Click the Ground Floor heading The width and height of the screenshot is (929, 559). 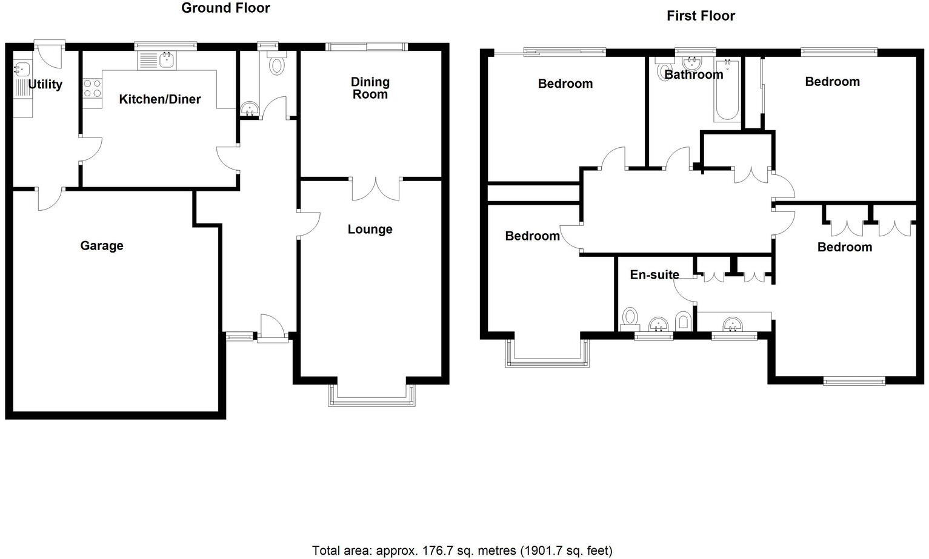coord(225,8)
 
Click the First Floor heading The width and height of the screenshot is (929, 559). coord(701,16)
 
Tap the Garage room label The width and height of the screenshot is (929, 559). coord(102,245)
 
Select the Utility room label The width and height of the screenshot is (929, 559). coord(45,84)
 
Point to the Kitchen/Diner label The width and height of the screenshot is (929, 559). coord(159,99)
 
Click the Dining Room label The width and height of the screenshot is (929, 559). coord(370,88)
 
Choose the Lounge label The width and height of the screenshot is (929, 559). coord(370,229)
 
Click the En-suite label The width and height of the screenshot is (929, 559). coord(654,274)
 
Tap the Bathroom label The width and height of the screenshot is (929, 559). coord(694,74)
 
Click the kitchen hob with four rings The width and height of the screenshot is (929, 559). coord(92,89)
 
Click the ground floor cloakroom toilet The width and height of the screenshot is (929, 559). coord(277,64)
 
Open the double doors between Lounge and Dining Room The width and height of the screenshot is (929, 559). coord(376,188)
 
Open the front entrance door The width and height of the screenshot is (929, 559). coord(272,327)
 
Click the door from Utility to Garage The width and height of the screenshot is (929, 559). coord(50,197)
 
